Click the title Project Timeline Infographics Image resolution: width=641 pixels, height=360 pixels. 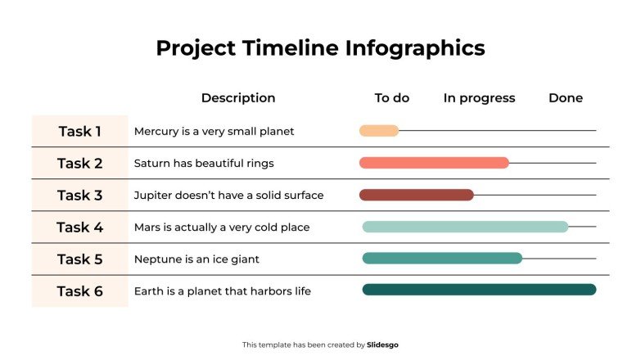click(320, 48)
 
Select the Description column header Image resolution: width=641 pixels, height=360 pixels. click(238, 98)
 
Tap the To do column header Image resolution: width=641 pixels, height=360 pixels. click(391, 98)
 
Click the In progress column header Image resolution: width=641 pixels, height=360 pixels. click(479, 98)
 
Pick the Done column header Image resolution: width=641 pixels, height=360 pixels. click(566, 98)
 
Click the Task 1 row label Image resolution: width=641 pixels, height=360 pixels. click(80, 131)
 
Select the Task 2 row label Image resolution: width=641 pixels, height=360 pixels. click(80, 163)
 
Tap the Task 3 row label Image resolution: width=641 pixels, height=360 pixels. click(80, 195)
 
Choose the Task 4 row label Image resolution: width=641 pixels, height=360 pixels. click(80, 227)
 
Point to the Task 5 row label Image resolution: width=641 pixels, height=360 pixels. click(80, 259)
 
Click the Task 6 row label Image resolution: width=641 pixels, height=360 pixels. click(80, 291)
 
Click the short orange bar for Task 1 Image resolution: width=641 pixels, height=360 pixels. click(379, 131)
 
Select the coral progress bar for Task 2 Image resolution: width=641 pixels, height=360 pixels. click(434, 163)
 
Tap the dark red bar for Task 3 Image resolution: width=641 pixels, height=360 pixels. click(416, 195)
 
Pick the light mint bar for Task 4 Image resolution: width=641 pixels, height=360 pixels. click(465, 227)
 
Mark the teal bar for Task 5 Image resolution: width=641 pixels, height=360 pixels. click(442, 259)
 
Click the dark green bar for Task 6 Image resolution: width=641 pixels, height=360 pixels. click(479, 290)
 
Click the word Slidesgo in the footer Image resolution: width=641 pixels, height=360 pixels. click(383, 345)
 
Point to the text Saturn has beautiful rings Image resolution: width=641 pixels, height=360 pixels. click(204, 164)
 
